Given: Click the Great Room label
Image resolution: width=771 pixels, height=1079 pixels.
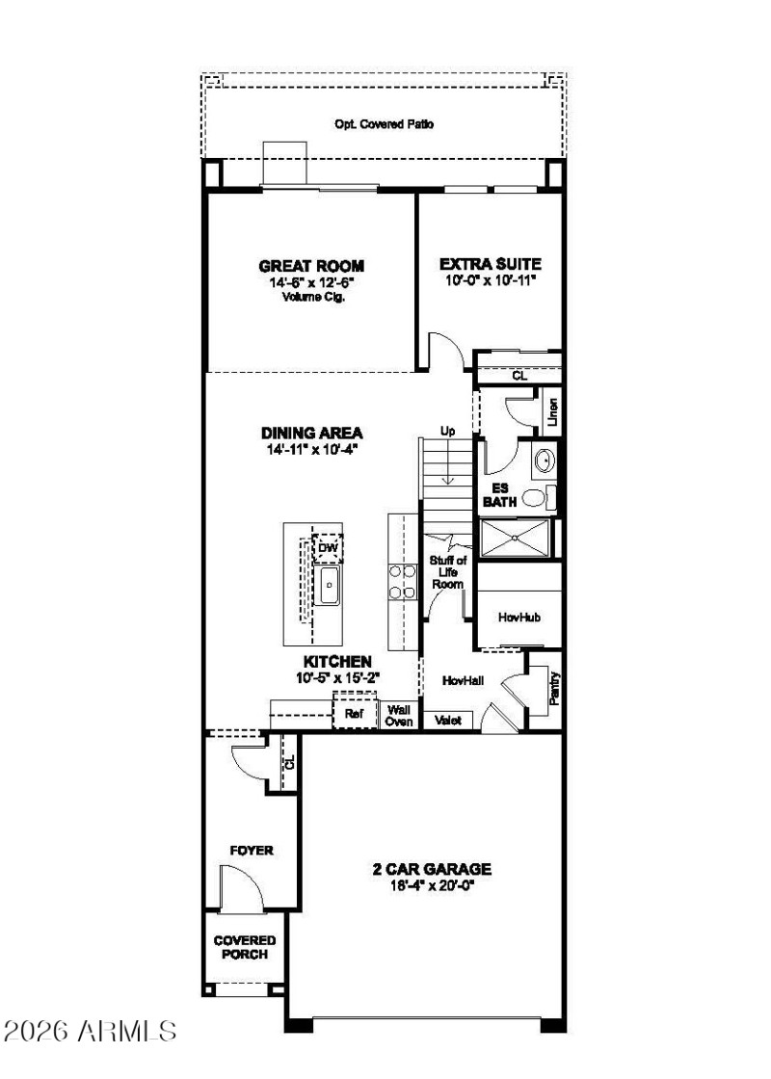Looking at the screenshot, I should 311,265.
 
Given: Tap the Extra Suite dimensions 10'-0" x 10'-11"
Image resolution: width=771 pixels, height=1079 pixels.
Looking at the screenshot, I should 489,280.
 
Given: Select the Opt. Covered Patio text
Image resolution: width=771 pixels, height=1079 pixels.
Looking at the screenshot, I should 384,124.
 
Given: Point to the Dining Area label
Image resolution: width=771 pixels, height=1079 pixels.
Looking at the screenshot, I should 311,433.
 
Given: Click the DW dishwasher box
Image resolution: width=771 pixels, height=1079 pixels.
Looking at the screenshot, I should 329,547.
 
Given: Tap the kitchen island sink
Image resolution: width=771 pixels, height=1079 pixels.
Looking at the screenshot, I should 329,584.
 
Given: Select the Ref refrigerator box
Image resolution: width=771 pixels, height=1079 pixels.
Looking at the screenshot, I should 353,714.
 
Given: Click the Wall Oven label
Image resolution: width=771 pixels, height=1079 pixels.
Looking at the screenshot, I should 399,714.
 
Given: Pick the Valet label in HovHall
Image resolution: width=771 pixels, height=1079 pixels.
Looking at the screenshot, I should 448,720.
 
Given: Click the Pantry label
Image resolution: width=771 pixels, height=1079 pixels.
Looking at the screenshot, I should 554,688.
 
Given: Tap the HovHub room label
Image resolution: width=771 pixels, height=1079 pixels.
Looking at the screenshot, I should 518,617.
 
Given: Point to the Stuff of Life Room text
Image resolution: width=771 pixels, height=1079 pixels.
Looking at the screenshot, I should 448,571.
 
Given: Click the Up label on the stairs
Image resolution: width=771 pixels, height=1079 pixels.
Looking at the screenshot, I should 447,431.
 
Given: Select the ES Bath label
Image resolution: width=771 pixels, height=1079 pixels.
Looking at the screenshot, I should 500,494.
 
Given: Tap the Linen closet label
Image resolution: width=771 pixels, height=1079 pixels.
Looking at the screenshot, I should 552,413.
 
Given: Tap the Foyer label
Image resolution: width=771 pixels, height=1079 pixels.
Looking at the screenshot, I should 251,851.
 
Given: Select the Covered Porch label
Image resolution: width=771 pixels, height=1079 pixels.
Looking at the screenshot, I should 245,947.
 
